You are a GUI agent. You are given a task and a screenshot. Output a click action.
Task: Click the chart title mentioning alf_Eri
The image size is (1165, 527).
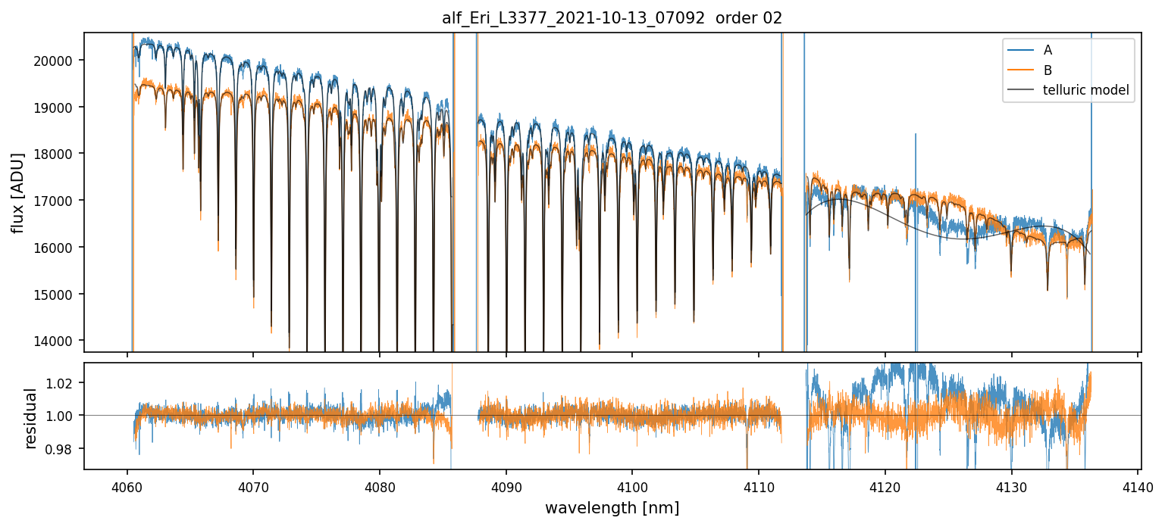click(x=612, y=18)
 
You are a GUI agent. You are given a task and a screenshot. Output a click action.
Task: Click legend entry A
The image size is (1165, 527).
click(x=1048, y=50)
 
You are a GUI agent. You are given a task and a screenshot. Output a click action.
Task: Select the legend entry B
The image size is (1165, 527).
click(x=1048, y=70)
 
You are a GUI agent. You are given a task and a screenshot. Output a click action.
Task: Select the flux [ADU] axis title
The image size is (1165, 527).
click(x=17, y=192)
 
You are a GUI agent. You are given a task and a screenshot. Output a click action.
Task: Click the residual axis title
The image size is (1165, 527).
click(x=31, y=418)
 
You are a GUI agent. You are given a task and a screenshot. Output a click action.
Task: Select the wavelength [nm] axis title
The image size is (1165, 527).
click(x=612, y=508)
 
